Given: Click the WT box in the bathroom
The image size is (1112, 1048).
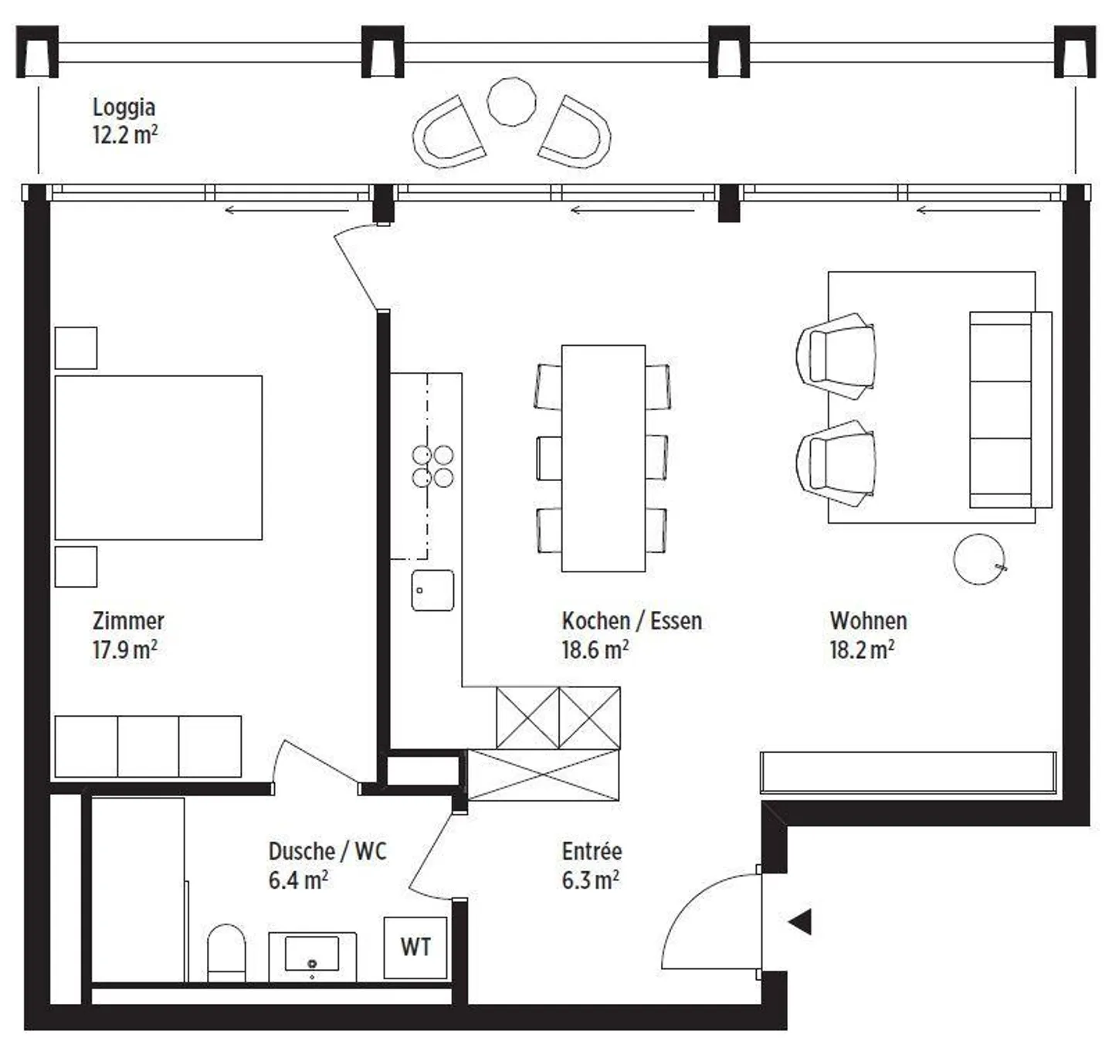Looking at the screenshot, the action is (x=415, y=947).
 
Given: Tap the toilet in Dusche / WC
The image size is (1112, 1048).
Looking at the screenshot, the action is (x=226, y=952).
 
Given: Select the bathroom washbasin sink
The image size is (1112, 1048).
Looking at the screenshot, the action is (x=312, y=955).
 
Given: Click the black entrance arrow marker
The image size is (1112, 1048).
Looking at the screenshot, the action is (x=800, y=921).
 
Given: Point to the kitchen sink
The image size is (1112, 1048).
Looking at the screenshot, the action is (x=432, y=590).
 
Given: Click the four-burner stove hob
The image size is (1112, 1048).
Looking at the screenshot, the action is (x=432, y=466).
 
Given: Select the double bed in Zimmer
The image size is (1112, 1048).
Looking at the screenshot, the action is (x=158, y=458).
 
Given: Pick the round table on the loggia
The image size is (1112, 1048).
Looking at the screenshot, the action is (x=511, y=101).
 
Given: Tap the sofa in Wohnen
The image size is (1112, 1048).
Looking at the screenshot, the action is (x=1011, y=410).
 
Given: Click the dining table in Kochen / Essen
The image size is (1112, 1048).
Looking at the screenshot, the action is (x=603, y=458).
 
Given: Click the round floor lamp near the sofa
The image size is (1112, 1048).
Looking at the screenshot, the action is (x=979, y=559).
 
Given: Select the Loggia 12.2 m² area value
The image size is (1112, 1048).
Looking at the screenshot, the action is (x=125, y=135).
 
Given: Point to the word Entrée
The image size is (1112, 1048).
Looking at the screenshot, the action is (x=592, y=851).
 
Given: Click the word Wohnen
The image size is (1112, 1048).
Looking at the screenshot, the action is (x=869, y=621).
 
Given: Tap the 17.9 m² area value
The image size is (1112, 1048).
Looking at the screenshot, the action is (x=125, y=649).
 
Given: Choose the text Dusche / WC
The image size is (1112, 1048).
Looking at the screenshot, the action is (x=327, y=851).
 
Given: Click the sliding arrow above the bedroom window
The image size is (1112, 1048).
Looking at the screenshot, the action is (x=286, y=211).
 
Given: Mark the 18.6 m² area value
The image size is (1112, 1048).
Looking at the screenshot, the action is (x=595, y=649).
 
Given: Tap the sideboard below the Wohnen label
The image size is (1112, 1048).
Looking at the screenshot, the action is (x=908, y=773).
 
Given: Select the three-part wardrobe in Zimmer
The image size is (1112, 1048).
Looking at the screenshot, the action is (x=147, y=746).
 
